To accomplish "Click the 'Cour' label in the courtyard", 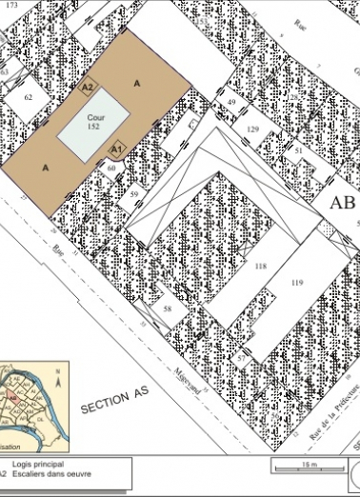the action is click(x=94, y=115).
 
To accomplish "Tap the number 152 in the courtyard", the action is click(x=94, y=126).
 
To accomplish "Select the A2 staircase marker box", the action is click(x=88, y=88).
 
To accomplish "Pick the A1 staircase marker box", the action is click(x=116, y=149).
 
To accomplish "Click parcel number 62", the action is click(x=29, y=97).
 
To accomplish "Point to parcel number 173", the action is click(x=11, y=6).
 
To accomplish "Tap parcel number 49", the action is click(x=231, y=101).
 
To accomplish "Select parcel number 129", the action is click(x=252, y=129).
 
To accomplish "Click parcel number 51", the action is click(x=298, y=150).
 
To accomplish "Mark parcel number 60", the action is click(x=111, y=169).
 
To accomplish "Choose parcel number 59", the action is click(x=135, y=195).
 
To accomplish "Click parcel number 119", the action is click(x=296, y=283).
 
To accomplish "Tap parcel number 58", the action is click(x=167, y=309).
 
